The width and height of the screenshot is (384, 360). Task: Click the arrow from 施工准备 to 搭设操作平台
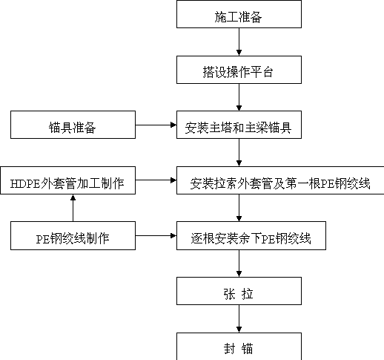pyautogui.click(x=239, y=42)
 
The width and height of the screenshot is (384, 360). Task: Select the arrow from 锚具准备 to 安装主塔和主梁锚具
pyautogui.click(x=156, y=125)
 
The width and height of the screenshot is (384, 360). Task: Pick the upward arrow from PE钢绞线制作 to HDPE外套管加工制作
pyautogui.click(x=73, y=208)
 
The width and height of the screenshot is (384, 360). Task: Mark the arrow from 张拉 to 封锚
pyautogui.click(x=239, y=318)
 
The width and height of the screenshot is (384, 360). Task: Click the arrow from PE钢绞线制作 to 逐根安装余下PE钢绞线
pyautogui.click(x=156, y=235)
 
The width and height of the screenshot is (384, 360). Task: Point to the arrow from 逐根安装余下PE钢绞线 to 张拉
pyautogui.click(x=239, y=264)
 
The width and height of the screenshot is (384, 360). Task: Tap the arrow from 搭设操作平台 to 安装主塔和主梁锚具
pyautogui.click(x=239, y=97)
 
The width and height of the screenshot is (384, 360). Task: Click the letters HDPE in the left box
pyautogui.click(x=25, y=184)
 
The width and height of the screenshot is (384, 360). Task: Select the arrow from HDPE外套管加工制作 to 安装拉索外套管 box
pyautogui.click(x=156, y=180)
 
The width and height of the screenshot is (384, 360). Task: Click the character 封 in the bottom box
pyautogui.click(x=229, y=349)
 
